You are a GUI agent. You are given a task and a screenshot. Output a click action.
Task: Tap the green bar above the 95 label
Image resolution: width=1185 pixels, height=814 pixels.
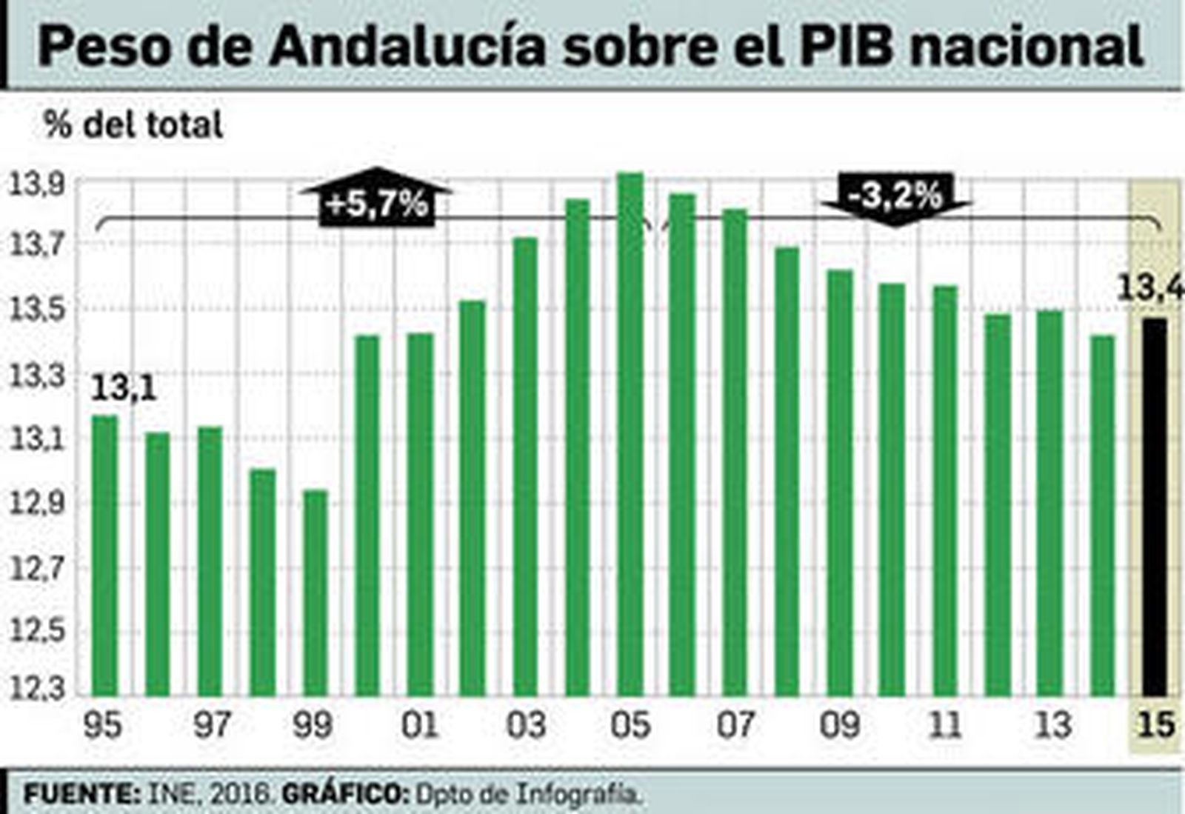point(104,556)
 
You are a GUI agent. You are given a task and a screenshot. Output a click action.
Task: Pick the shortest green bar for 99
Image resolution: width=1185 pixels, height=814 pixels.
point(316,593)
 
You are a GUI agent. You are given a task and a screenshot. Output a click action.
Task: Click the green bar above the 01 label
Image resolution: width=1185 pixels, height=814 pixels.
point(421,515)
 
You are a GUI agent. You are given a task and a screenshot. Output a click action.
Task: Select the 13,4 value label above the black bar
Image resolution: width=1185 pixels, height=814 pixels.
point(1149,287)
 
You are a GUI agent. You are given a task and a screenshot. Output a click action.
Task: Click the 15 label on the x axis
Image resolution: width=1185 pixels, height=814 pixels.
point(1155,724)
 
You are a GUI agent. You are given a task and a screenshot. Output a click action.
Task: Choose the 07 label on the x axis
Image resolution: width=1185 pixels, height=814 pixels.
point(735,724)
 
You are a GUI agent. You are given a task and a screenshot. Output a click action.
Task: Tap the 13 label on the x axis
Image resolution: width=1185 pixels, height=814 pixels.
point(1052,724)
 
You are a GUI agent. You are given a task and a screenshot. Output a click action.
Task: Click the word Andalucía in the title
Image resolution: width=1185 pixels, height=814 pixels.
point(407,46)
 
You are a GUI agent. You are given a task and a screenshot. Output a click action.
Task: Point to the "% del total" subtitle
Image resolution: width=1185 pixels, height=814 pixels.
point(133,124)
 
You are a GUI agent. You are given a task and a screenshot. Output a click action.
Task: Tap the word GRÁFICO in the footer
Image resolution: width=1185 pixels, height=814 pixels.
point(345,794)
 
